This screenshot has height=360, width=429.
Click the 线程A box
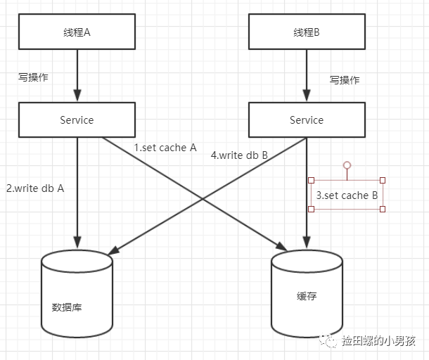77,32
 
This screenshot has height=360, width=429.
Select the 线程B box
307,32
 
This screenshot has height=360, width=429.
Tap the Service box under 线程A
77,120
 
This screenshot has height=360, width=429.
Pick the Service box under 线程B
307,120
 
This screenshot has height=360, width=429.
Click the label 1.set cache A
165,148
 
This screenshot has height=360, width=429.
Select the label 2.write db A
35,188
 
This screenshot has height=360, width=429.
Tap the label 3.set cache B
347,195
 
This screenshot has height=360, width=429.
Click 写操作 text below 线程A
33,77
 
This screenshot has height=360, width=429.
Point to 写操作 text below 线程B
345,79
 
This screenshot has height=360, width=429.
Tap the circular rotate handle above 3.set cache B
347,165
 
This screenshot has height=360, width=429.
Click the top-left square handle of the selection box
312,181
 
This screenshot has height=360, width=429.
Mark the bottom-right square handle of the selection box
383,209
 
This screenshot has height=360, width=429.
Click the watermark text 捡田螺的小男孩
378,341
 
